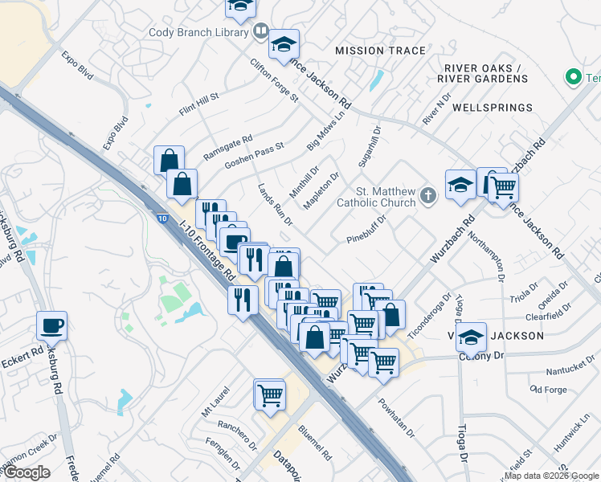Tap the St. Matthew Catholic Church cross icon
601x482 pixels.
[429, 194]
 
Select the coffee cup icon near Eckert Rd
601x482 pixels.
[51, 326]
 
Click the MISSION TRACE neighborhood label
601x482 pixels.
[380, 51]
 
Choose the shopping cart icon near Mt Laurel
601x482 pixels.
[269, 394]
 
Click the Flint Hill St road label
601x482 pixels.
[199, 104]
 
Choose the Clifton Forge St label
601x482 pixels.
[274, 80]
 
